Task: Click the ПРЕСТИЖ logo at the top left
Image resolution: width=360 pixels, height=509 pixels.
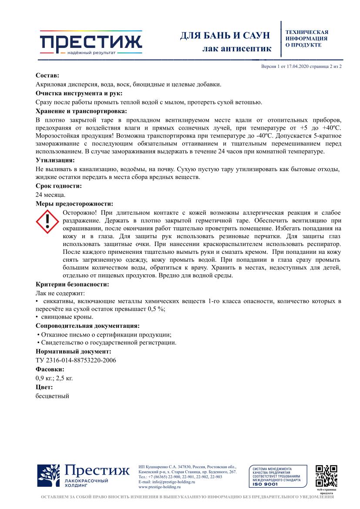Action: pos(91,42)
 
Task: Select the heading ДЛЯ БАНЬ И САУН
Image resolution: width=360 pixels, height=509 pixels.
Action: pos(225,35)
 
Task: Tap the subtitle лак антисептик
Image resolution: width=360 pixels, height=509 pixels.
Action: pos(237,48)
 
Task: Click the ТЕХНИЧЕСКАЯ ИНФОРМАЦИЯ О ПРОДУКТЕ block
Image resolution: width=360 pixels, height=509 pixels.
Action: pos(306,38)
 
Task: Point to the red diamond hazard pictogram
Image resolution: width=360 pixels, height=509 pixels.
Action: pos(47,221)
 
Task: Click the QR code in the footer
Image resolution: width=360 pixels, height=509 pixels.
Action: pos(326,476)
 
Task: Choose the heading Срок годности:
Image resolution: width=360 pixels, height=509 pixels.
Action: pos(58,186)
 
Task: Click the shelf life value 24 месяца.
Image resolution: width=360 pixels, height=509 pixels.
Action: pos(50,195)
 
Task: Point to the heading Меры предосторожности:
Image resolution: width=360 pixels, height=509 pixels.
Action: pos(74,203)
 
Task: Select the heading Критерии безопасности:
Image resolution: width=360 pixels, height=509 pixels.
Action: pos(72,284)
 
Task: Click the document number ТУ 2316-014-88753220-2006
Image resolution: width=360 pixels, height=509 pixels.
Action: pos(76,360)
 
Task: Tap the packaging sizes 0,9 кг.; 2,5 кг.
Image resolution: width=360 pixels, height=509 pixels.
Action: pos(54,378)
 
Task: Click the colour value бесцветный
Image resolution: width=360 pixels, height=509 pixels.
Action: pos(52,396)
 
